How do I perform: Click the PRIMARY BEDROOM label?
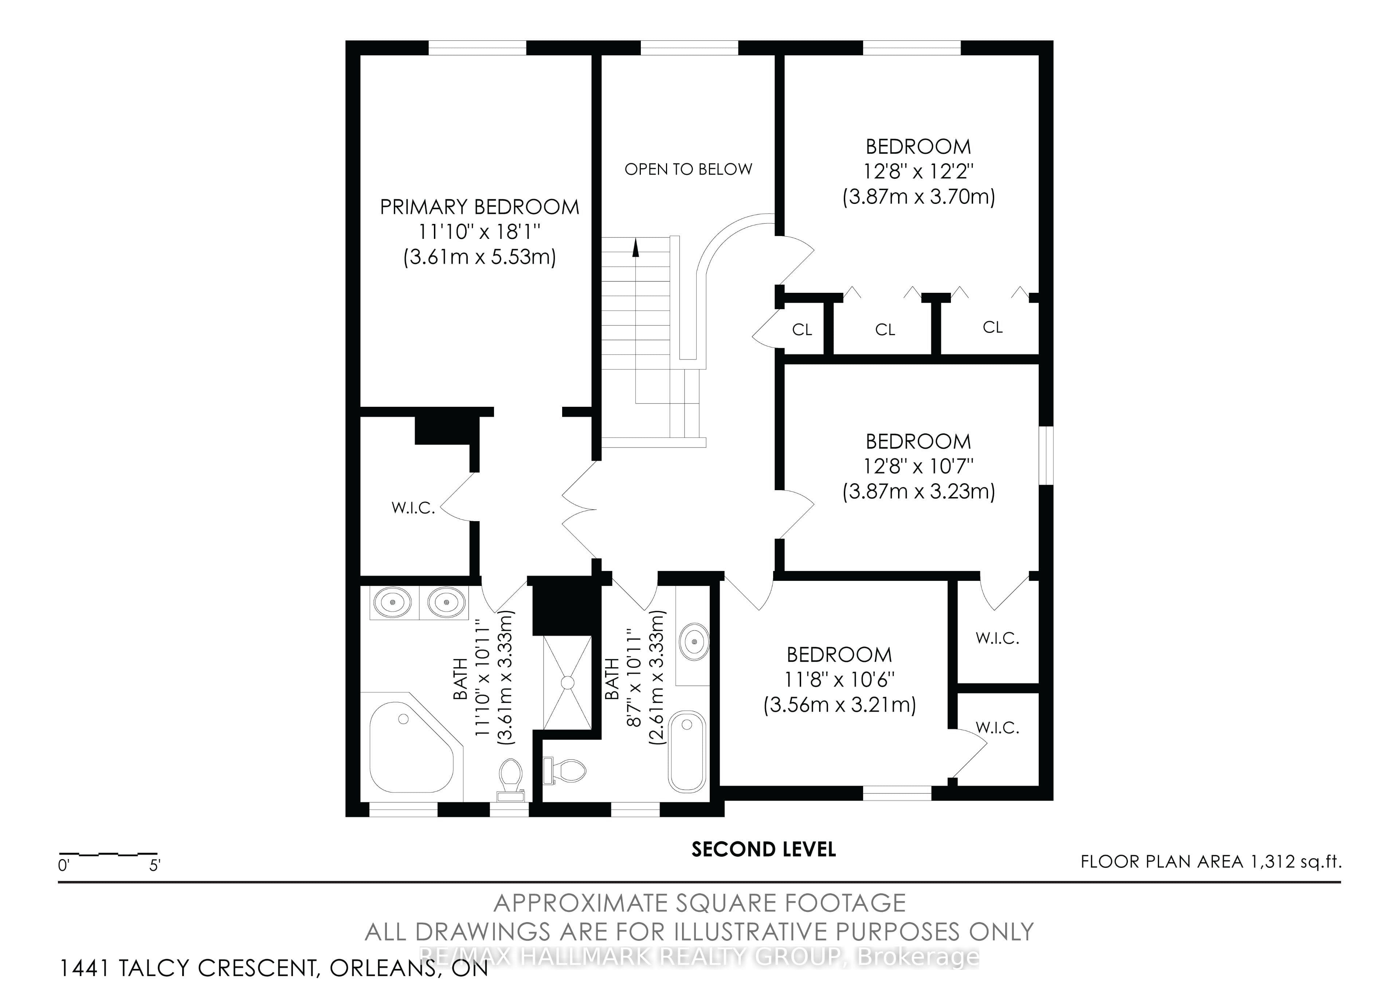pos(479,207)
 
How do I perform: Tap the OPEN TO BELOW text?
pos(689,169)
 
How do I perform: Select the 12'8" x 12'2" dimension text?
pos(918,172)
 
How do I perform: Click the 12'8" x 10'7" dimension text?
pos(918,466)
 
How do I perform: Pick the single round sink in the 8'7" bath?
pos(693,641)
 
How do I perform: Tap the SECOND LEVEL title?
pos(764,849)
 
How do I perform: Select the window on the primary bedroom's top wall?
pos(477,47)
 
